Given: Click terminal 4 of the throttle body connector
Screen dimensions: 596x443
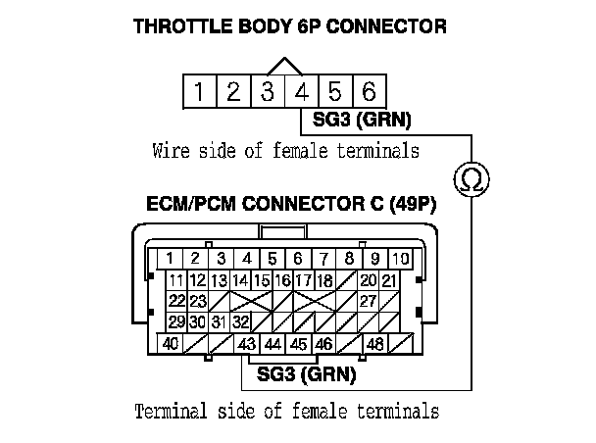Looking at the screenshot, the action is coord(301,92).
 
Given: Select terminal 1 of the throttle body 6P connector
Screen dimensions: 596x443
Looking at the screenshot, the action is coord(199,92).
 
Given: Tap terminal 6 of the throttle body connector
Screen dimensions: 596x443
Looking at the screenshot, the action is coord(369,92).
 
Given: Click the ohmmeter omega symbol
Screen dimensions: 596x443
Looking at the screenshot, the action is coord(471,178).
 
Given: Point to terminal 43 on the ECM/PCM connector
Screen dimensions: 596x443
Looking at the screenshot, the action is coord(247,345).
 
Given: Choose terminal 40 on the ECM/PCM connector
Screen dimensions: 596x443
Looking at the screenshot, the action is coord(171,345).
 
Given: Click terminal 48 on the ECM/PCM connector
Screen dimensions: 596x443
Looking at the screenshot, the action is coord(374,345).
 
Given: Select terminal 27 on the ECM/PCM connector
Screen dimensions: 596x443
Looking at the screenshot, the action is coord(368,301).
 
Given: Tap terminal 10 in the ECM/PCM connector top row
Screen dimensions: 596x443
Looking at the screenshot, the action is coord(400,259).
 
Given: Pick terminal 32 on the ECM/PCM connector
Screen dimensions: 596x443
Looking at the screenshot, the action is coord(241,321).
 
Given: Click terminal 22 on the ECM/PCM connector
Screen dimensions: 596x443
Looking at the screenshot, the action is coord(176,301).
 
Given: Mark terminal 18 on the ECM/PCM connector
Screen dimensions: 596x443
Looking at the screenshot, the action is coord(323,280).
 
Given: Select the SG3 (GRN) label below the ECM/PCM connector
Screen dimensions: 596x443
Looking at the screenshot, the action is coord(306,373).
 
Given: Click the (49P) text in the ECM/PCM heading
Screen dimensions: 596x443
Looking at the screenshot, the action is coord(413,206).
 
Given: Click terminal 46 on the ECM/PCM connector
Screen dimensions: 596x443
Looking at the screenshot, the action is coord(323,345).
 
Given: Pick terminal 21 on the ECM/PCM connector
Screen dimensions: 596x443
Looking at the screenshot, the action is coord(389,280).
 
